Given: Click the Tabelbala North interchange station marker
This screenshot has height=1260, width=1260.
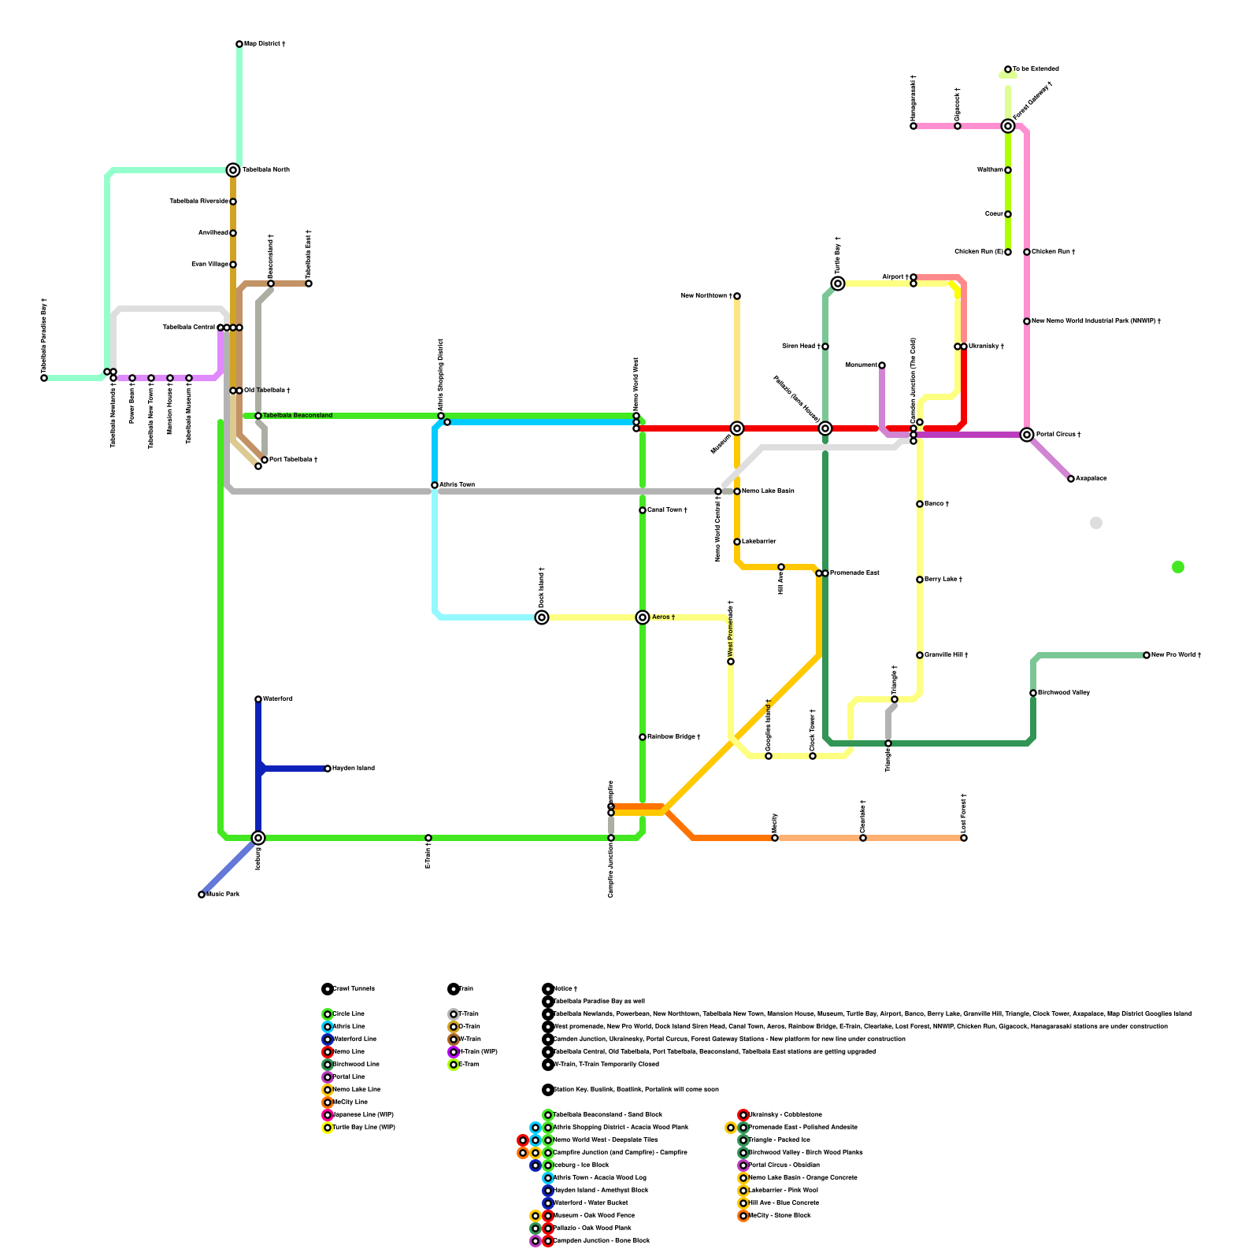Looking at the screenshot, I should (233, 170).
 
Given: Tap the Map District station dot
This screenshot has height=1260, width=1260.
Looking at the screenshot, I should (239, 44).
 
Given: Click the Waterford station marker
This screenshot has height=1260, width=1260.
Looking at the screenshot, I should (258, 699).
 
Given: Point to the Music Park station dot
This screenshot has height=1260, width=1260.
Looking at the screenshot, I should (202, 895).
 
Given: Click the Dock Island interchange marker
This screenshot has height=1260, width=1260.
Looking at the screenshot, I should (542, 617).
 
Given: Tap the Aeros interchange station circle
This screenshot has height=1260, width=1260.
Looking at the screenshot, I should (643, 617).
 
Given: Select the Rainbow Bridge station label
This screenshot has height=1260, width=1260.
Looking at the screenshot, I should (673, 737).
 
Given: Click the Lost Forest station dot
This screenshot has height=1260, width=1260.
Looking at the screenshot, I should (964, 838).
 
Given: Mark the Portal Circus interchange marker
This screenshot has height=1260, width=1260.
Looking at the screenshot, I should (1027, 435).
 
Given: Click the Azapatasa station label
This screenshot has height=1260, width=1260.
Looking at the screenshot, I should (1091, 479).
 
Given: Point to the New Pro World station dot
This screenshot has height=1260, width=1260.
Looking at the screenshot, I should (1147, 655).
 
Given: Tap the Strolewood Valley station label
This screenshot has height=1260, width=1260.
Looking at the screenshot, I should (1064, 693).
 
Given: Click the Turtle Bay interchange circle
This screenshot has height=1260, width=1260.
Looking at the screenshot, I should (838, 283).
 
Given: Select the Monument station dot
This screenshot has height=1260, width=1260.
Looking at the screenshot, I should (882, 365).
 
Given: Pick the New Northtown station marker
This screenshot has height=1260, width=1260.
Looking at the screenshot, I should (737, 296).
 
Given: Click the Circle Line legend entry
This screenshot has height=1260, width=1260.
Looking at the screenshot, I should (348, 1014).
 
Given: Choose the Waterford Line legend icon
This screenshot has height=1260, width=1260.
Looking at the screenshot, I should (328, 1039).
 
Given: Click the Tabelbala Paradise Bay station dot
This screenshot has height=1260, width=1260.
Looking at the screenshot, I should (44, 378).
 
